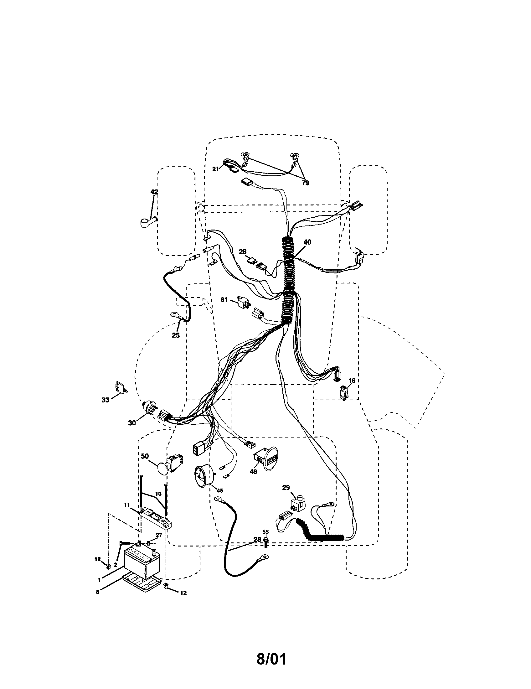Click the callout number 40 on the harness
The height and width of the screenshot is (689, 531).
point(307,242)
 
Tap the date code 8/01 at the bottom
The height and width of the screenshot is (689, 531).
point(271,650)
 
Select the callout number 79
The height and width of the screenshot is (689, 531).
point(305,183)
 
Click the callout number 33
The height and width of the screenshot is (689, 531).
point(105,400)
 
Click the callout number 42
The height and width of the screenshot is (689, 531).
point(154,192)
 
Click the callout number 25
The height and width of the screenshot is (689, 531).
point(175,335)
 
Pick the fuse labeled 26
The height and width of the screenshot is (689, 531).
point(253,261)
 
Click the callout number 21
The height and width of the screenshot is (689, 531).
point(215,169)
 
